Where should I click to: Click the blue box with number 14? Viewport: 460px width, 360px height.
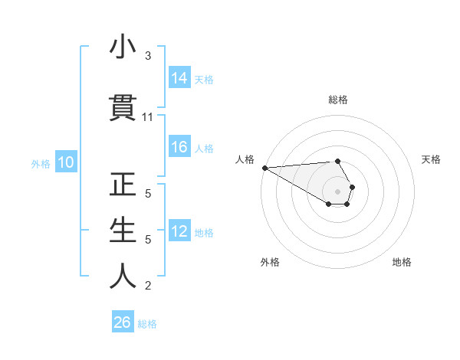click(x=179, y=79)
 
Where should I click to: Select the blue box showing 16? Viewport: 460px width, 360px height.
click(x=179, y=148)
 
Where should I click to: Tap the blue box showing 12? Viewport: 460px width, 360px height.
click(x=179, y=232)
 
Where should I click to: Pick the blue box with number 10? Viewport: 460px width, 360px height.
click(x=65, y=162)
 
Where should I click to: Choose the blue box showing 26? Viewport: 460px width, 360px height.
click(x=122, y=322)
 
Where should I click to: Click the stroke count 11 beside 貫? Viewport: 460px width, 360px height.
click(x=148, y=117)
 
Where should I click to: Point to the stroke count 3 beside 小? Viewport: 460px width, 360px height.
click(x=148, y=56)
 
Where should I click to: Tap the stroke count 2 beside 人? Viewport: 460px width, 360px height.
click(x=148, y=286)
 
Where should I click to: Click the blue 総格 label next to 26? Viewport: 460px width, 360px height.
click(x=147, y=323)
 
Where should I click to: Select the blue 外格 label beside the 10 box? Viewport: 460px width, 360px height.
click(x=41, y=163)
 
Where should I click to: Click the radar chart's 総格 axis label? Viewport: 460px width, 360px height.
click(x=338, y=100)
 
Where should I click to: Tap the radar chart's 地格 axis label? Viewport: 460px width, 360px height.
click(x=402, y=262)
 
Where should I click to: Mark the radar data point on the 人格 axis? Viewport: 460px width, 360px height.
click(x=264, y=168)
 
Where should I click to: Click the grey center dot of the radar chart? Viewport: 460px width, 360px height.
click(x=338, y=191)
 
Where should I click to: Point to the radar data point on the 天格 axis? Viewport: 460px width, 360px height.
click(x=352, y=187)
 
